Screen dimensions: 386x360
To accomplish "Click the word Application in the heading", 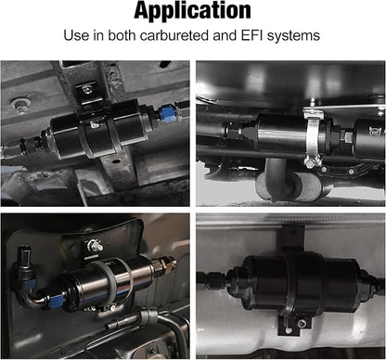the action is tap(192, 11).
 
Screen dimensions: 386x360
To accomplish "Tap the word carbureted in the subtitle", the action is tap(174, 35).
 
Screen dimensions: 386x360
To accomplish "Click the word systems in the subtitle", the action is tap(293, 36).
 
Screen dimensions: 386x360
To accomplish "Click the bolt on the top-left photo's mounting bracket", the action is tap(86, 90).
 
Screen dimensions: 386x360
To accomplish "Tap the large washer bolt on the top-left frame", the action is tap(18, 104).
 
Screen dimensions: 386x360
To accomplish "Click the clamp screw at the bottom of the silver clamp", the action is tap(310, 163).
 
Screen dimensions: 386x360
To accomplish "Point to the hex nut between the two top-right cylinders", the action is tap(346, 136).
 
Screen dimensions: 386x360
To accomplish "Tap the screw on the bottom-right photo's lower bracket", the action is tap(302, 324).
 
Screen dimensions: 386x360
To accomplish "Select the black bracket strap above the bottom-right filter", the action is tap(292, 238).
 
